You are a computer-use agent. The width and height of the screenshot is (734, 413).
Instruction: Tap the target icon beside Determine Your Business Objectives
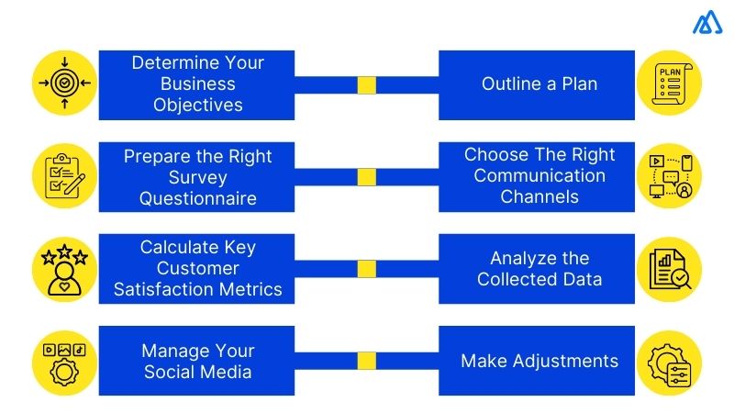[64, 84]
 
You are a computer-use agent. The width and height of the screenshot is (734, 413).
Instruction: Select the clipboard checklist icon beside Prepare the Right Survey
[64, 176]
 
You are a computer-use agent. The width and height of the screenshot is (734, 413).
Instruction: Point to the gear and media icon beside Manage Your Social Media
[64, 361]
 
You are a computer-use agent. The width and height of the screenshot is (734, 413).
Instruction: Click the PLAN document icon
[669, 84]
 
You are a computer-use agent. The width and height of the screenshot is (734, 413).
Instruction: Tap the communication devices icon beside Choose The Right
[669, 176]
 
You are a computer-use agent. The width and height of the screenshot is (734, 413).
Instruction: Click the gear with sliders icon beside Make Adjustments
[669, 361]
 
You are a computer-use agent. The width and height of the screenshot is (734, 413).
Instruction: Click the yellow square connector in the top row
[367, 85]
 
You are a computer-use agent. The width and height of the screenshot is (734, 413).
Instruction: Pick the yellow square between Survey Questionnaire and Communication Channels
[367, 177]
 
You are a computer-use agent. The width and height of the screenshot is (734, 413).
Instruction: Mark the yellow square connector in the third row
[367, 269]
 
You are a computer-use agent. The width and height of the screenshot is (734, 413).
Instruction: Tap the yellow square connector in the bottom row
[367, 361]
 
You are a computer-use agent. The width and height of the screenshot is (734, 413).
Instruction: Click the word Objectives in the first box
[198, 105]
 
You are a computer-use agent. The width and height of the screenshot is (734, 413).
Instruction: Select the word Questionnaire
[198, 197]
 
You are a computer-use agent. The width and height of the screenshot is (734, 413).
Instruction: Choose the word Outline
[510, 84]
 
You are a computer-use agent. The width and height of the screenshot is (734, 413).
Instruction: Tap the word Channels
[539, 196]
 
